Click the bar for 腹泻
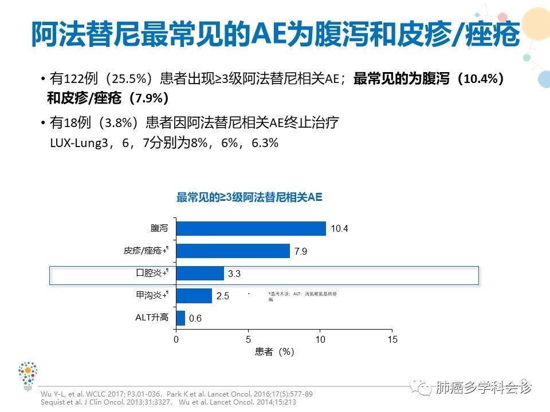[x=251, y=228]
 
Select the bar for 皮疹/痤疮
[x=233, y=251]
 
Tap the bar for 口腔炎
[x=200, y=274]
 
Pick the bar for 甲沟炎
[x=194, y=296]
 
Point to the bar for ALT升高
[x=180, y=318]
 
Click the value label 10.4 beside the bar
[x=340, y=229]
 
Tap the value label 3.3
[x=234, y=274]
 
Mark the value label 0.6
[x=195, y=319]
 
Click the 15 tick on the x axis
[x=392, y=339]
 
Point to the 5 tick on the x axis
[x=248, y=339]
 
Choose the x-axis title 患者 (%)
[x=274, y=352]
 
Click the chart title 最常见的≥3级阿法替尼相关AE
[x=249, y=198]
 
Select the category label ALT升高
[x=152, y=318]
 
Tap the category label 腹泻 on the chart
[x=159, y=228]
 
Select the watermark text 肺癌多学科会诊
[x=484, y=388]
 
